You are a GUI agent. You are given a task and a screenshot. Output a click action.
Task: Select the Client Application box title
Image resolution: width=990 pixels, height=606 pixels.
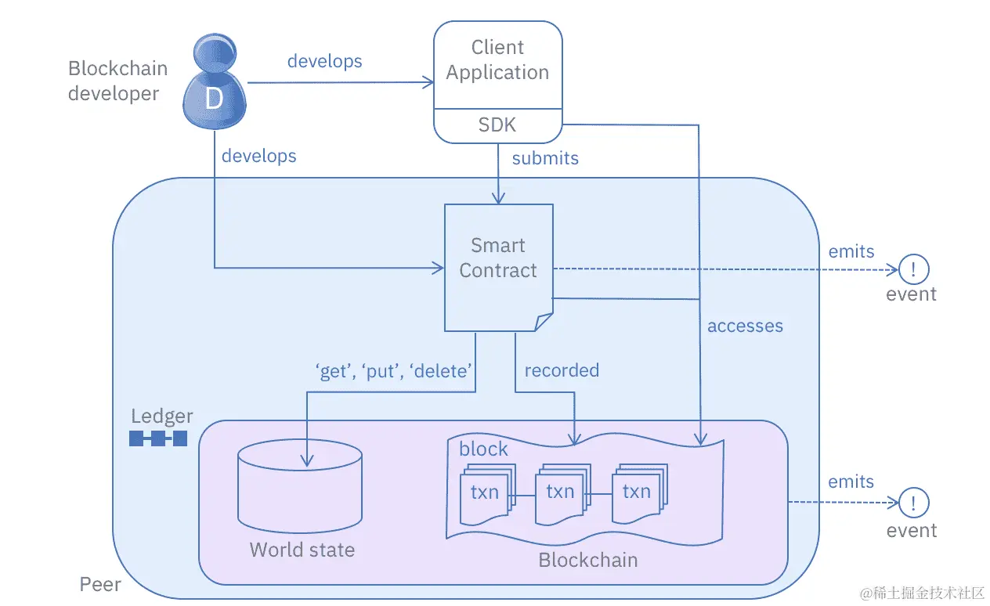[x=497, y=60]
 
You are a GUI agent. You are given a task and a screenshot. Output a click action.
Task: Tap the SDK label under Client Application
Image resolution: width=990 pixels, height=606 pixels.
[x=497, y=125]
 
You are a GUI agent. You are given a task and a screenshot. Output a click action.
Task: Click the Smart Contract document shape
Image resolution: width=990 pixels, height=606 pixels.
[x=498, y=266]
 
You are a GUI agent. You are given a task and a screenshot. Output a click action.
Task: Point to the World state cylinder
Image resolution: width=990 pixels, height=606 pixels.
[x=299, y=485]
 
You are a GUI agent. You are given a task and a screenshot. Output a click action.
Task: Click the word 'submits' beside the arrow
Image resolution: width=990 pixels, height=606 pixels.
[x=545, y=158]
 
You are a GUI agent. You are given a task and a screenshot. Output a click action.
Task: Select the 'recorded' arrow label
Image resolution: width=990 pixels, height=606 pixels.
[x=562, y=370]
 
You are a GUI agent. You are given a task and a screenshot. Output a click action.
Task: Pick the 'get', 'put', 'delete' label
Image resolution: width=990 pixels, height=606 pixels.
[x=394, y=370]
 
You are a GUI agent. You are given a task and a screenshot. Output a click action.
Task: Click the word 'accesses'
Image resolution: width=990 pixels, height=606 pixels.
[x=745, y=326]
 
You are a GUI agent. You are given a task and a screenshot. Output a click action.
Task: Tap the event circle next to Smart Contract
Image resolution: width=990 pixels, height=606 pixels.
[x=913, y=269]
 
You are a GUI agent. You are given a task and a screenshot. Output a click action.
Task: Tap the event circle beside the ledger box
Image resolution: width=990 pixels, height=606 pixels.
[x=913, y=503]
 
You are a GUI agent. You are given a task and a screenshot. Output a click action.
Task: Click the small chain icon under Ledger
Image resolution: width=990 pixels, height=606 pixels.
[x=158, y=438]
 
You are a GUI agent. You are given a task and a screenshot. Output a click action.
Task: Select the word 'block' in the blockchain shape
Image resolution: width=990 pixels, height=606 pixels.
[x=483, y=449]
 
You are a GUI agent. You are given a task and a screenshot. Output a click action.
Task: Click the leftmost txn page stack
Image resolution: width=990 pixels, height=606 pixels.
[x=485, y=495]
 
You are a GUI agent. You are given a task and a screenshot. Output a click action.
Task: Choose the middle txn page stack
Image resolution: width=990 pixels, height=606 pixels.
[x=560, y=494]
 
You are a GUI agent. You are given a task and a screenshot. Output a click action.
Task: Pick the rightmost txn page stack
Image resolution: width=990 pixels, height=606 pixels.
[x=637, y=494]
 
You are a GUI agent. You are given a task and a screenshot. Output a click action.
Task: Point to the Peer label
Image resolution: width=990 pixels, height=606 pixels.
[x=100, y=584]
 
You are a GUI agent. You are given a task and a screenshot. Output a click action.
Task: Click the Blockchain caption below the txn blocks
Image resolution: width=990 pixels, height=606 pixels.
[x=587, y=560]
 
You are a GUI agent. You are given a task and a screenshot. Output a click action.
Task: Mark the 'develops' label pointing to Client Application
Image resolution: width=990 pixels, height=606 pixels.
[x=324, y=61]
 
